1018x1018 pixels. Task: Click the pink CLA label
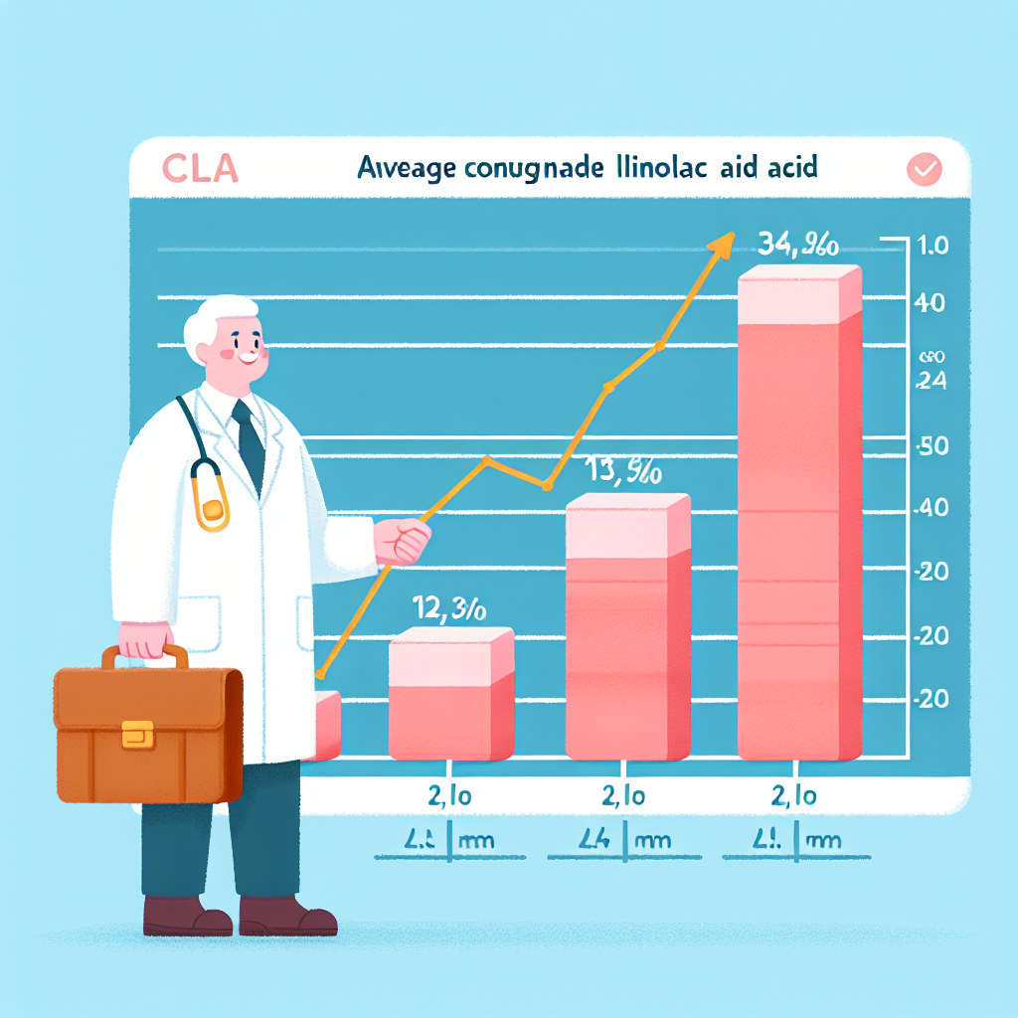point(200,169)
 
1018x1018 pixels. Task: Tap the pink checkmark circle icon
point(924,170)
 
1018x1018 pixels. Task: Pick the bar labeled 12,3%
point(450,696)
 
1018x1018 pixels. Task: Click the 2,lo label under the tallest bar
point(795,796)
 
